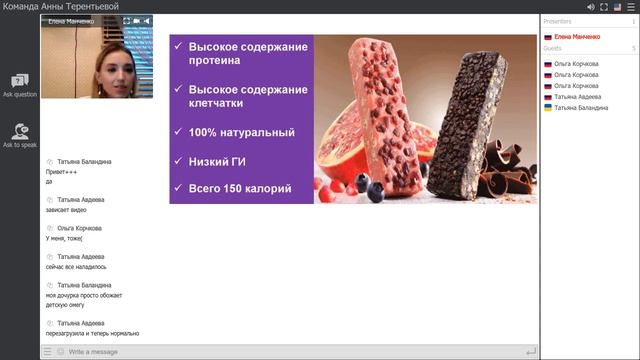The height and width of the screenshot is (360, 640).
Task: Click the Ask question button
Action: point(19,84)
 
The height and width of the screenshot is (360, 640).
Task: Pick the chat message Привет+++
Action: point(62,171)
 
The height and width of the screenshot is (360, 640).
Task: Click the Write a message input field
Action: point(290,351)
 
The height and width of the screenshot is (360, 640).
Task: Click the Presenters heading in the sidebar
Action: point(559,20)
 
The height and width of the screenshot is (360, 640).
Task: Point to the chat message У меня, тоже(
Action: point(65,239)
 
